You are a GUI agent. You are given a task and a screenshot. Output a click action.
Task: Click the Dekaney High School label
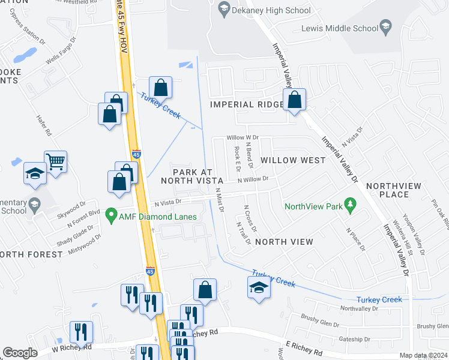coord(271,10)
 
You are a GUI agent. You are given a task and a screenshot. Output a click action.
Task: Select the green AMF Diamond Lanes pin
coord(110,214)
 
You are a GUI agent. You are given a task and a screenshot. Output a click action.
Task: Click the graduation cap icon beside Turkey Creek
coord(259,287)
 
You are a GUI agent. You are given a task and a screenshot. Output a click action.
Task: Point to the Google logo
coord(20,353)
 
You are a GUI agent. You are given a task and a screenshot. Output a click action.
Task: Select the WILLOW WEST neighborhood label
coord(293,161)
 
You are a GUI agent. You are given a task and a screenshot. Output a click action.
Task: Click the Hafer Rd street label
coord(45,125)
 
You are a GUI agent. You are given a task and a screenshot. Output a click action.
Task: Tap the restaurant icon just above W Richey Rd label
coord(80,332)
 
